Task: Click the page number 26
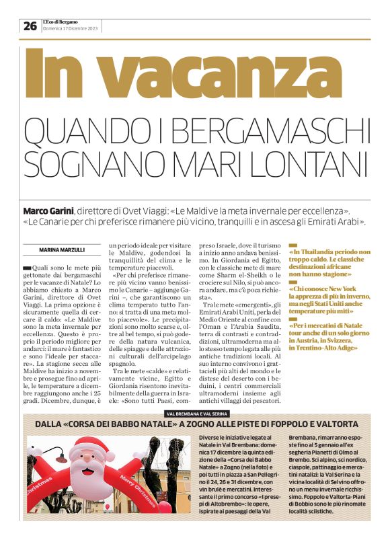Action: tap(30, 26)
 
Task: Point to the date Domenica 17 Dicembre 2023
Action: tap(70, 29)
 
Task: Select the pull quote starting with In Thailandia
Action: tap(329, 263)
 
